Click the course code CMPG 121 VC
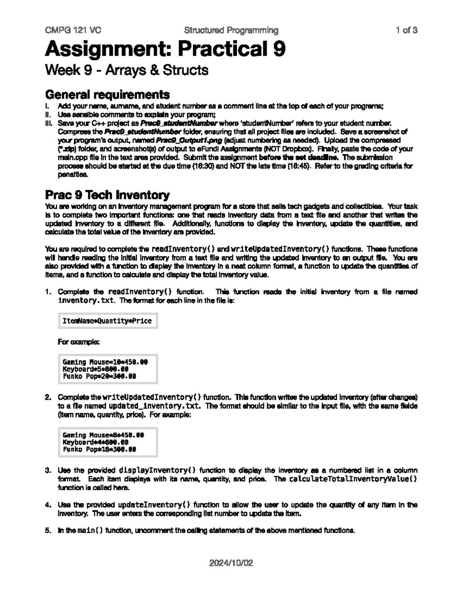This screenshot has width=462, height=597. tap(73, 30)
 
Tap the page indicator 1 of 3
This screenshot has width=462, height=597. tap(407, 30)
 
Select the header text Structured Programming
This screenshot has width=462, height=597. tap(231, 30)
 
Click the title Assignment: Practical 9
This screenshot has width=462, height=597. tap(165, 49)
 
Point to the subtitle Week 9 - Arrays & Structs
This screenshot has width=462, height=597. tap(127, 70)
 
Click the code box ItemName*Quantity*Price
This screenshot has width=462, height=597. tap(107, 321)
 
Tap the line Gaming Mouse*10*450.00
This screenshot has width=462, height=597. tap(105, 362)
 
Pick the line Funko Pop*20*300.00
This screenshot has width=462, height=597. tap(99, 376)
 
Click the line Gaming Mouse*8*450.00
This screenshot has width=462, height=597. tap(103, 435)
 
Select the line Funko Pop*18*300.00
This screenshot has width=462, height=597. tap(99, 449)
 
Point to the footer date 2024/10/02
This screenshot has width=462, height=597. tap(231, 563)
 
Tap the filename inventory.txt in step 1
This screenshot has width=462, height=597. tap(85, 300)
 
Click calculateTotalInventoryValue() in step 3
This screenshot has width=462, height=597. tap(353, 479)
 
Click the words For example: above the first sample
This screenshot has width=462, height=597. tap(79, 341)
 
